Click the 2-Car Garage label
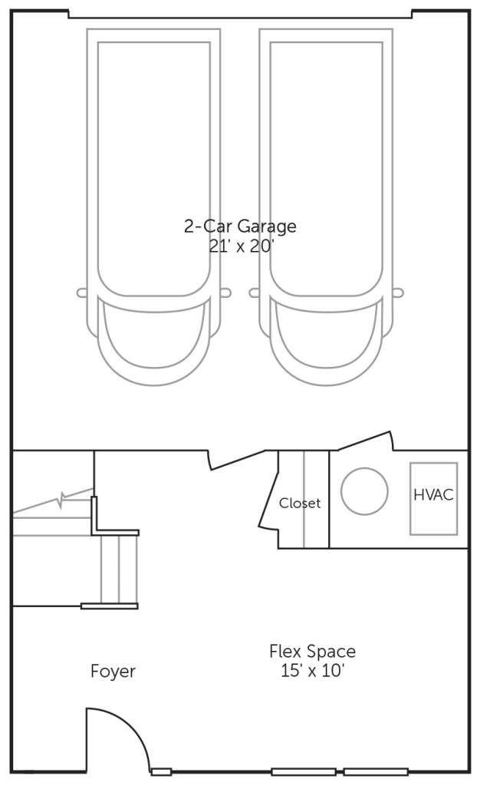(x=240, y=226)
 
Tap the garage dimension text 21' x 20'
(x=241, y=246)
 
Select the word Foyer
(x=113, y=671)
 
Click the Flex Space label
(x=312, y=651)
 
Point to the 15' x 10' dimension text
(x=312, y=670)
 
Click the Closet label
(x=300, y=503)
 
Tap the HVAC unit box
(x=433, y=498)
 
